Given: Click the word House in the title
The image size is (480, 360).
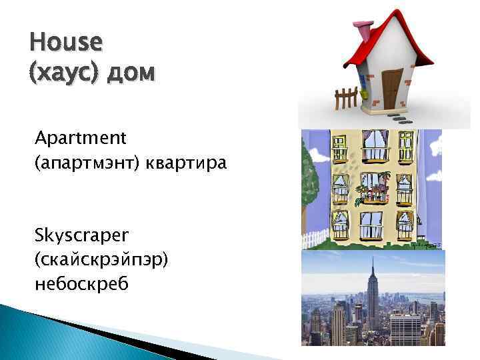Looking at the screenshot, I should tap(67, 43).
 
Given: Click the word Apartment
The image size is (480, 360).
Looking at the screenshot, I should tap(81, 138).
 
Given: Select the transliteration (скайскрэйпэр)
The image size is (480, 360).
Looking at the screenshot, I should tap(102, 259).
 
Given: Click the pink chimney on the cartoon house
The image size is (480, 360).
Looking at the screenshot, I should tap(364, 29).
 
